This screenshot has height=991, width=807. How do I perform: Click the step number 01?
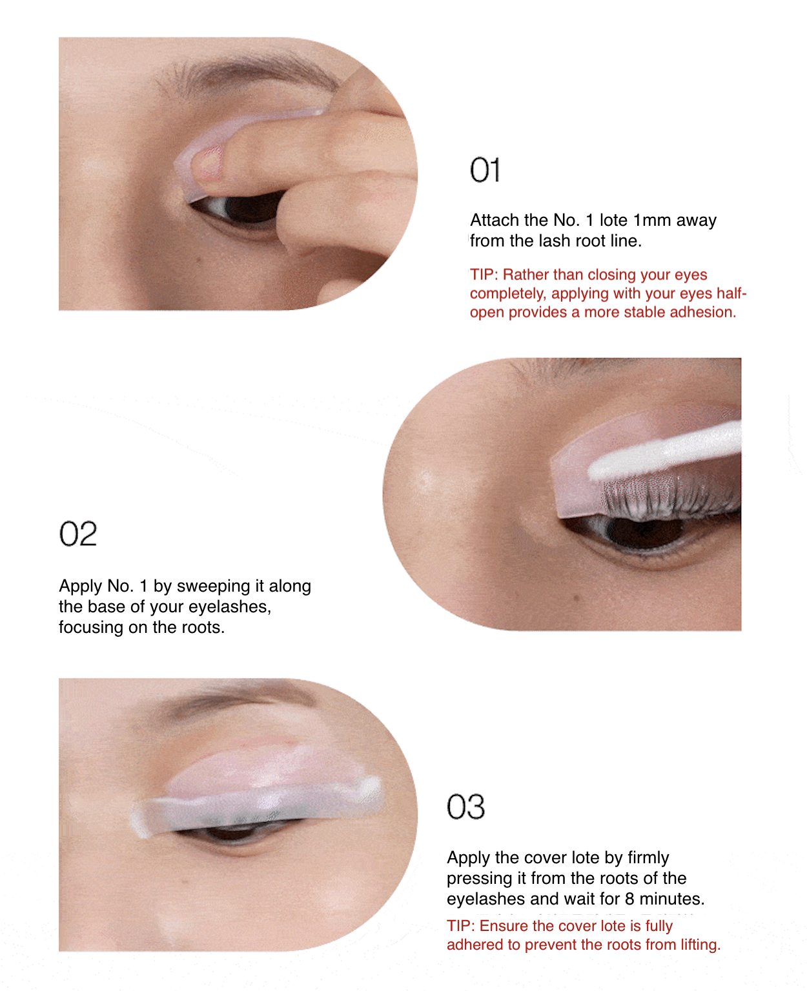coord(484,170)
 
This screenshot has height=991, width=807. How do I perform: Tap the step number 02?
coord(77,534)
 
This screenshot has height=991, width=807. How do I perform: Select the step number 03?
coord(465,807)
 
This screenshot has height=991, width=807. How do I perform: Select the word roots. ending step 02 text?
coord(203,627)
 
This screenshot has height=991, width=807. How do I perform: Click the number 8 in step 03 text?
coord(629,899)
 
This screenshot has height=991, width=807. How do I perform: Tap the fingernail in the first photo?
coord(209,162)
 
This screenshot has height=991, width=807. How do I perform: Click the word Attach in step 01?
coord(495,220)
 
